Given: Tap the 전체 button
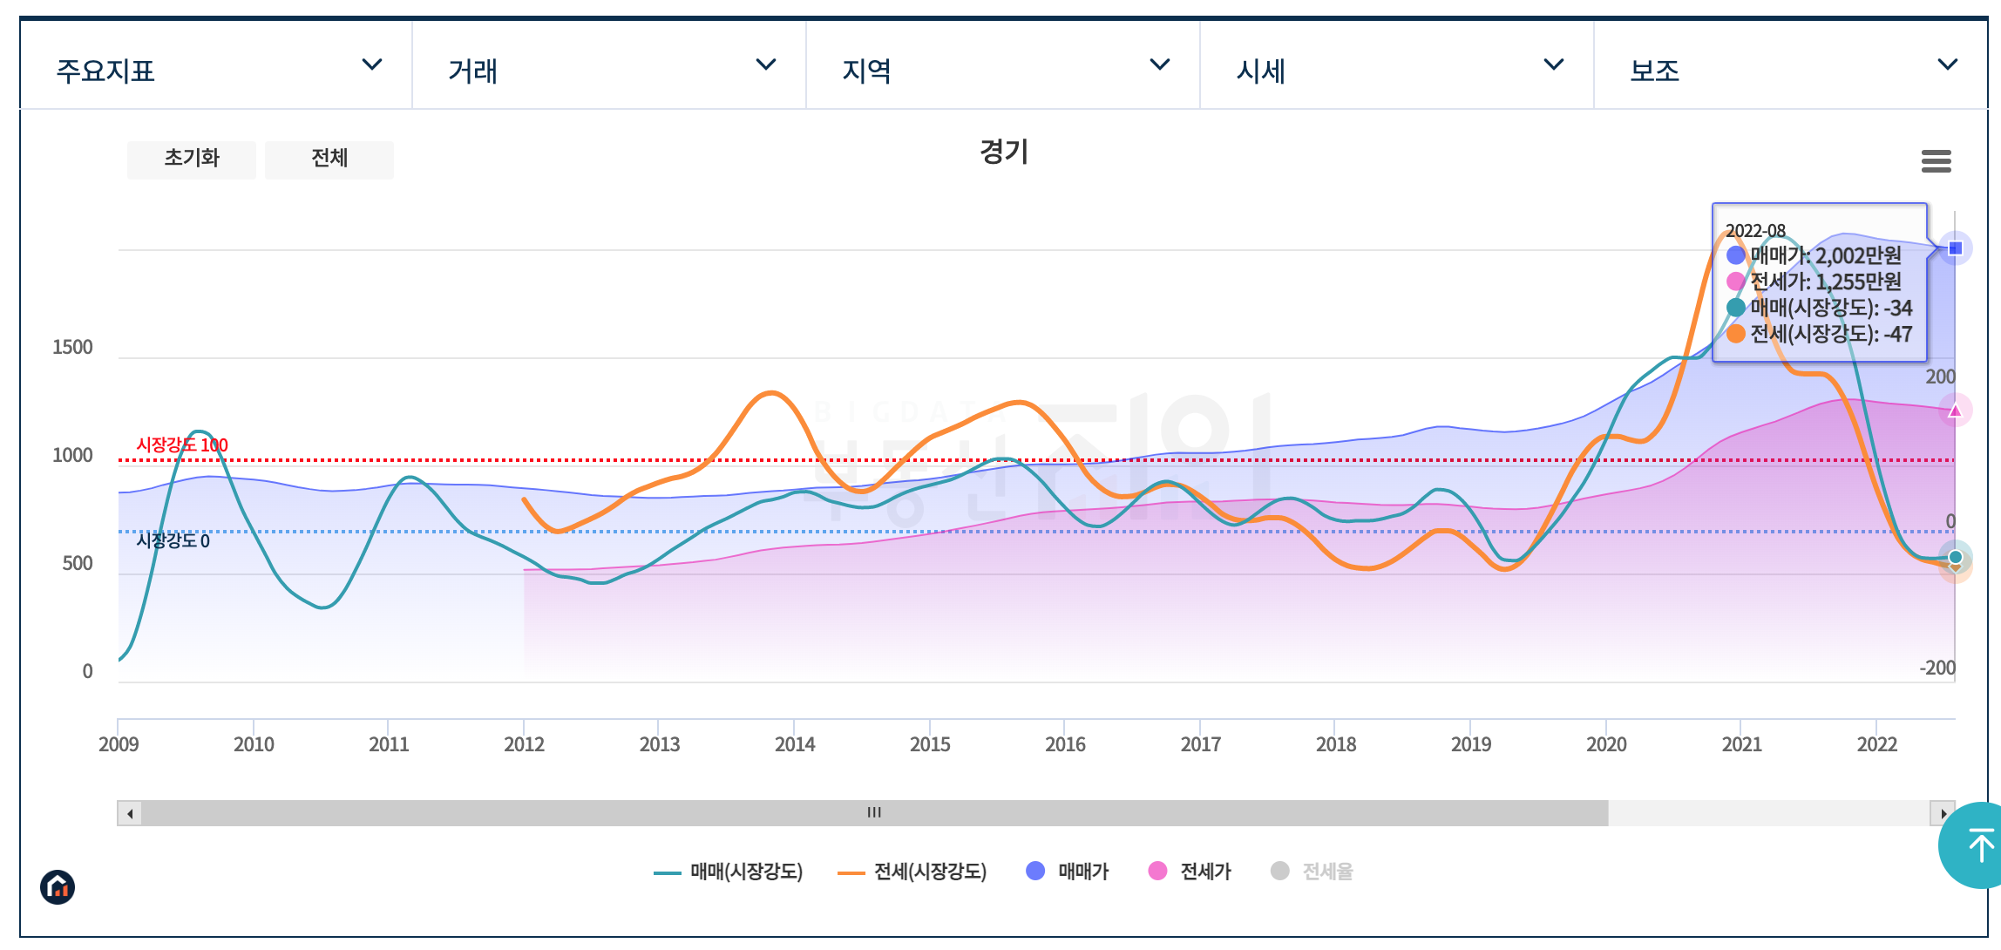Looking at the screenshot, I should point(329,159).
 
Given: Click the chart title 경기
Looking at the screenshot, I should point(1004,153).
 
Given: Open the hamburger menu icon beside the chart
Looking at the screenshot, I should point(1936,161).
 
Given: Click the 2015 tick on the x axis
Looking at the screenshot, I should point(930,744).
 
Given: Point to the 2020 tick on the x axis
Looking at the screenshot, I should point(1606,744).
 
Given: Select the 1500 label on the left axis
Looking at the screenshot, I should point(72,348).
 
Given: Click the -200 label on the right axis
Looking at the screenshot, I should point(1937,668).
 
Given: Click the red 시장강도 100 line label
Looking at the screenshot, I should point(182,445).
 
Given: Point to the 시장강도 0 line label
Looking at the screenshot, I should point(173,541).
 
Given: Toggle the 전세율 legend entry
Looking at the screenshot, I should point(1313,872).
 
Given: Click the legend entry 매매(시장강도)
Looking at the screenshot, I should point(729,872).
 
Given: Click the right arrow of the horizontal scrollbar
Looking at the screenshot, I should point(1943,813).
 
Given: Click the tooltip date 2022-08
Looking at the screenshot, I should point(1755,231).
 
